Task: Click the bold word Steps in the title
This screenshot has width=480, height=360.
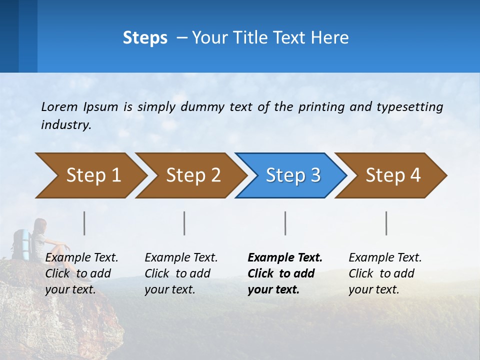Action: [145, 38]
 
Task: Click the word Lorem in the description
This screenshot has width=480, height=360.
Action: [59, 106]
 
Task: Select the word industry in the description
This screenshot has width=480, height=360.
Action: [65, 125]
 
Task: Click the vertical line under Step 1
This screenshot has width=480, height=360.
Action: [84, 223]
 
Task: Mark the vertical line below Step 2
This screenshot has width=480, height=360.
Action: [184, 223]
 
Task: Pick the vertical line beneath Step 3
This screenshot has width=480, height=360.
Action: [285, 223]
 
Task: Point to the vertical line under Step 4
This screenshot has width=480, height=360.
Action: [386, 223]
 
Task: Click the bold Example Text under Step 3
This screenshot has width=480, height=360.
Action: [285, 258]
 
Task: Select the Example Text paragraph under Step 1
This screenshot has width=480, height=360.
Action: [81, 273]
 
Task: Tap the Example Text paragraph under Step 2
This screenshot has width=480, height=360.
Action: [181, 273]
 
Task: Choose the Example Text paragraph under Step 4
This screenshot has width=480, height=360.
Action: [385, 273]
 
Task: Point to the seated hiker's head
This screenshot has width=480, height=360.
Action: [40, 224]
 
